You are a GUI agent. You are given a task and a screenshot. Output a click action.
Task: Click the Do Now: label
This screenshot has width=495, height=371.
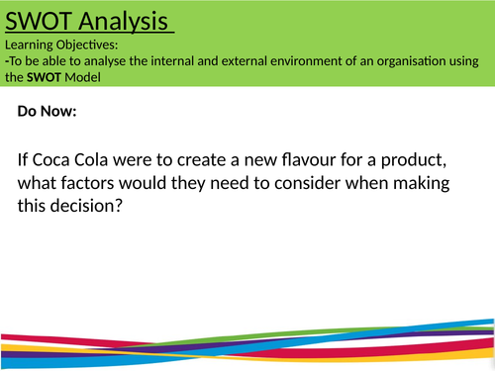pos(47,113)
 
